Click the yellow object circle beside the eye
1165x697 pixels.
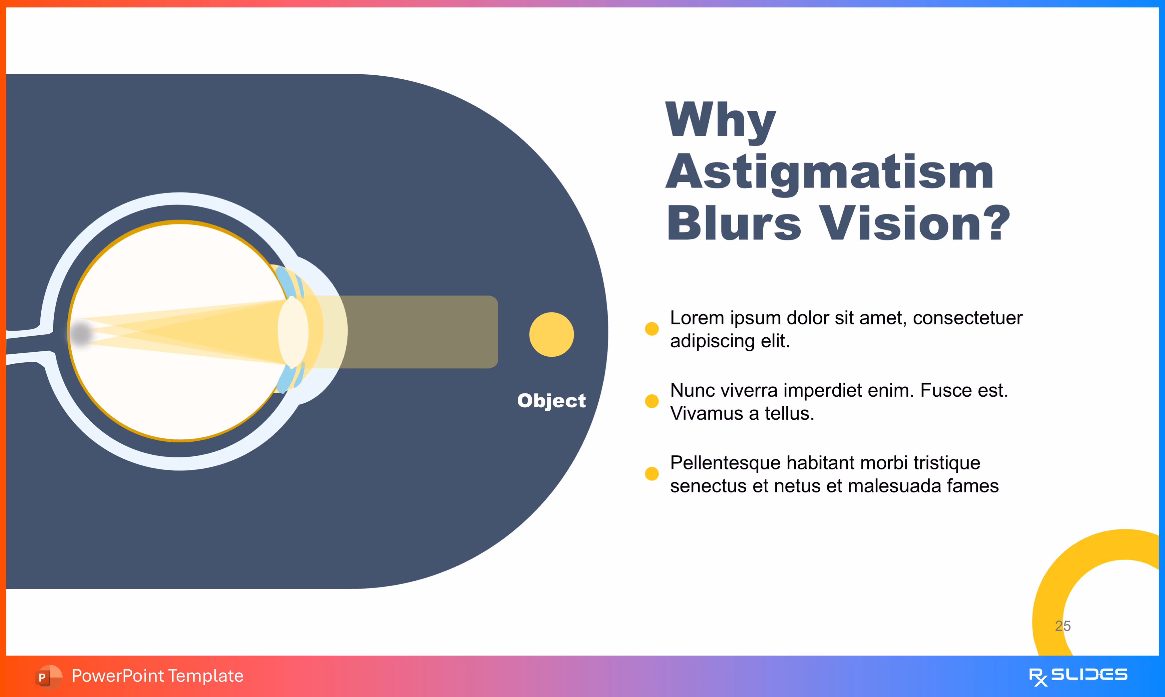(551, 334)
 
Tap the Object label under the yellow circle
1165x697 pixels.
(551, 401)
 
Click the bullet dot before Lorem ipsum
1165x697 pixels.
(651, 329)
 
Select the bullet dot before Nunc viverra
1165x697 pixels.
(651, 401)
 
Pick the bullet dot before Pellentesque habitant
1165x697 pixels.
(651, 473)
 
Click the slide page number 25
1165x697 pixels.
(1063, 626)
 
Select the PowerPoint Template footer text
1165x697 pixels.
(157, 676)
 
